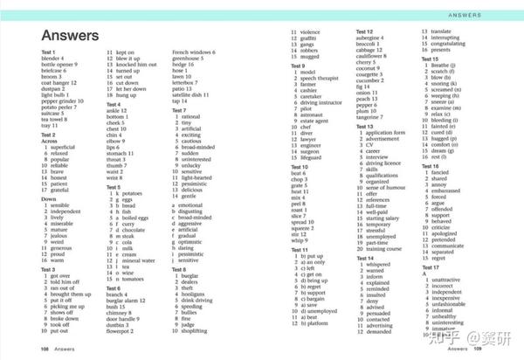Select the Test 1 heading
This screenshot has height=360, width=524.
point(49,52)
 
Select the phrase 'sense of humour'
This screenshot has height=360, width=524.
point(390,187)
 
